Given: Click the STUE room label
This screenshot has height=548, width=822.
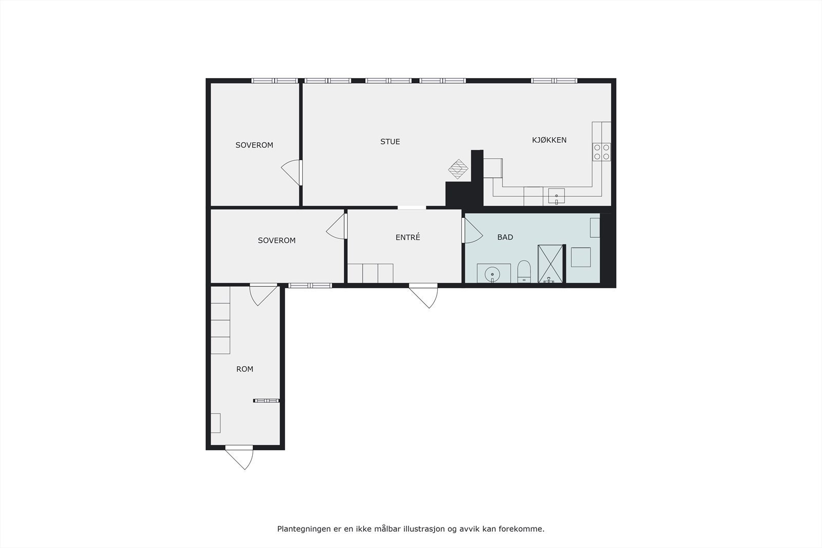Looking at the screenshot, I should tap(390, 142).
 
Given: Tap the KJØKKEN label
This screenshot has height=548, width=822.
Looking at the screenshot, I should tap(549, 140).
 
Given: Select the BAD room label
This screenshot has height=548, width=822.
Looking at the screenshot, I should tap(505, 237).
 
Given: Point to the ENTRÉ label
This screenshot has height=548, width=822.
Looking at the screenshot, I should tap(407, 237).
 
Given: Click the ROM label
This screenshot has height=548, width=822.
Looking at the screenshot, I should tap(245, 369).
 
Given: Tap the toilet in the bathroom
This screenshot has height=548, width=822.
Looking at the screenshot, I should tap(524, 271).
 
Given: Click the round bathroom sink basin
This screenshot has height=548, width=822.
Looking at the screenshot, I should tap(493, 273).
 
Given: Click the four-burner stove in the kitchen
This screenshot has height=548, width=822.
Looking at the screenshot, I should tap(602, 152).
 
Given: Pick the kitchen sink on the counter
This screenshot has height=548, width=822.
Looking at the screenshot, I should tap(556, 196).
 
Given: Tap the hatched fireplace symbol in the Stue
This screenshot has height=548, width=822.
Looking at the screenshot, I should tap(458, 168).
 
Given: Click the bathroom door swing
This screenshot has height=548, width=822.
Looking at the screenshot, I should tap(472, 231).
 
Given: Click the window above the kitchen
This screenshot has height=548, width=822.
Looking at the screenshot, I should tap(554, 81).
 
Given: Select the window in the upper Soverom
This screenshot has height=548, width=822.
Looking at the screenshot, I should tap(274, 81).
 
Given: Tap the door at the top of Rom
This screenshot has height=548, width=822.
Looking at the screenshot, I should tap(263, 294).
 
